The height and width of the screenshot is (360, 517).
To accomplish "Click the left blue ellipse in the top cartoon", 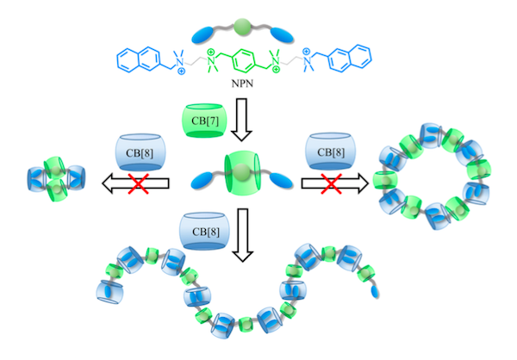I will tap(206, 33).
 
